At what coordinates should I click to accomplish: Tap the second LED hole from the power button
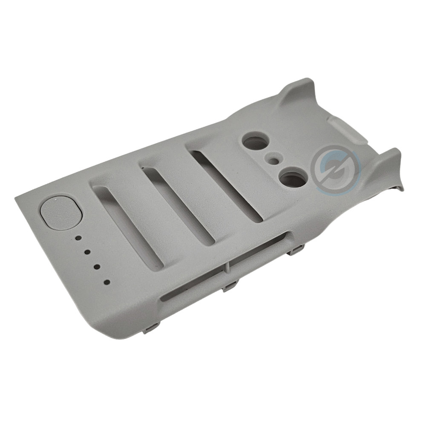pyautogui.click(x=87, y=252)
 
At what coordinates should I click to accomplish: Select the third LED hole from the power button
pyautogui.click(x=97, y=267)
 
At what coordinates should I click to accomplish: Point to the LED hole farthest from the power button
pyautogui.click(x=106, y=282)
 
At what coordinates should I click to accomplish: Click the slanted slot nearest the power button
pyautogui.click(x=128, y=226)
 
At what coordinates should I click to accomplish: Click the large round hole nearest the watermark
pyautogui.click(x=293, y=179)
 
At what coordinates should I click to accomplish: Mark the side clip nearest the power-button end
pyautogui.click(x=151, y=328)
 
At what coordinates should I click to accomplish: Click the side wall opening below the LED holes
pyautogui.click(x=192, y=285)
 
